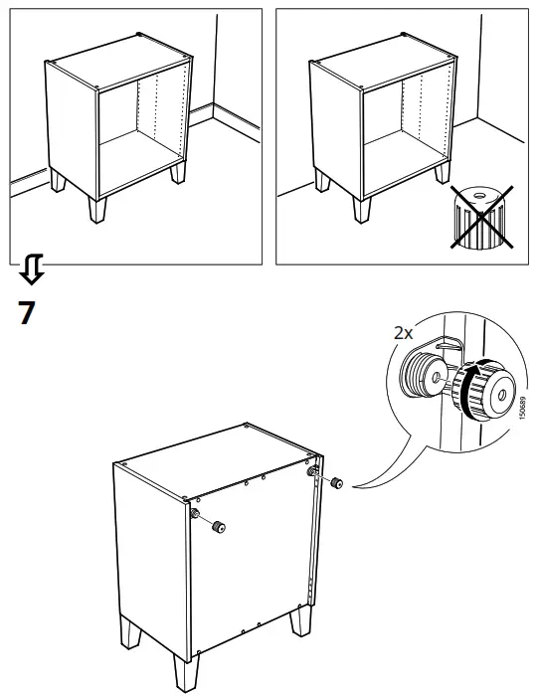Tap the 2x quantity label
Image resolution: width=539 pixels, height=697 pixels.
(402, 333)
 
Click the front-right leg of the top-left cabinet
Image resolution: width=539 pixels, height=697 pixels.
(178, 172)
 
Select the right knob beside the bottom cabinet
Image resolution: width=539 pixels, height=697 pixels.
(338, 483)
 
